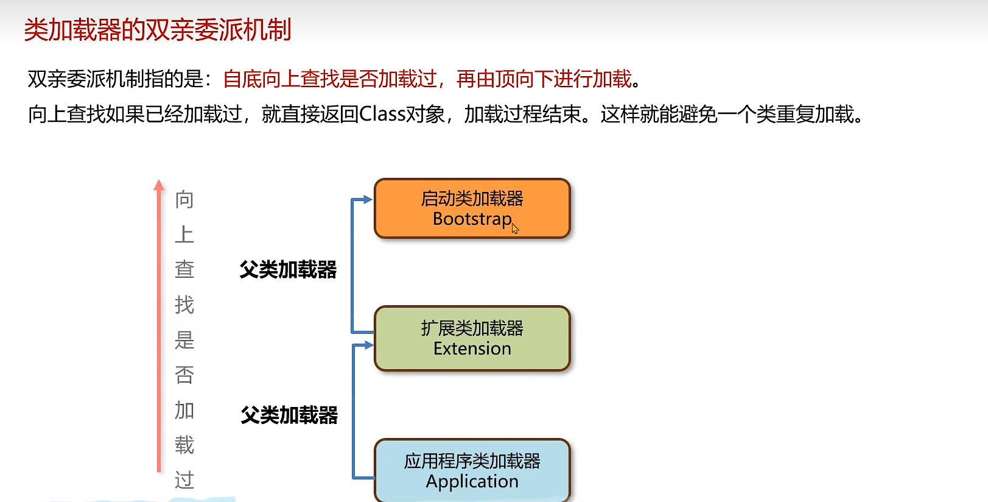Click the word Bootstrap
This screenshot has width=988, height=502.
[x=472, y=219]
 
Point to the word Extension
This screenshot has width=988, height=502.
[x=472, y=348]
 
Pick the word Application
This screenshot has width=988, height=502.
[x=472, y=481]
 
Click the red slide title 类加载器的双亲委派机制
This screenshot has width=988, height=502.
[x=158, y=29]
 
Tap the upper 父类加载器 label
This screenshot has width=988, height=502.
[x=288, y=269]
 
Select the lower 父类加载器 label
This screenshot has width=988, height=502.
[x=289, y=415]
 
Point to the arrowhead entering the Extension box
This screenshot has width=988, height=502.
[x=368, y=345]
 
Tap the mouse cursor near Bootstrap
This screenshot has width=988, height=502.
[x=515, y=228]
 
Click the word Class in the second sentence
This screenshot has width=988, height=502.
[x=382, y=114]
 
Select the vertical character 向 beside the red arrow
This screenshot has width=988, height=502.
[x=184, y=199]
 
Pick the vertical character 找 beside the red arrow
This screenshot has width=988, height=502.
[x=184, y=304]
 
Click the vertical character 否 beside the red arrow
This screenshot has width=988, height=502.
[x=184, y=375]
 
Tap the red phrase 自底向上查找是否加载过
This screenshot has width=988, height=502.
[x=330, y=79]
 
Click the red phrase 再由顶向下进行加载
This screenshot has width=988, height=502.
[x=544, y=79]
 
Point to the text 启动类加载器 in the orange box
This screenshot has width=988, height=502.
[x=472, y=199]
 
